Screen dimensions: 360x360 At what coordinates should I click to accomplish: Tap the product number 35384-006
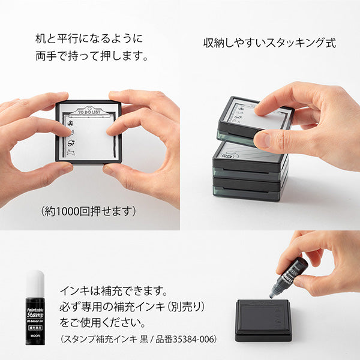195,340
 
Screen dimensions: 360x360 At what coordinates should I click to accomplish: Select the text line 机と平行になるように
90,40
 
